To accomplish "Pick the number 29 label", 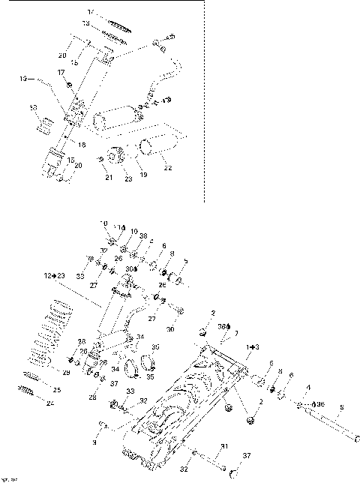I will (66, 373).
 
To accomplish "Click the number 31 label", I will (223, 447).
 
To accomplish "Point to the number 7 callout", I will (235, 332).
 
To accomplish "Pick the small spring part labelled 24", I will (25, 390).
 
